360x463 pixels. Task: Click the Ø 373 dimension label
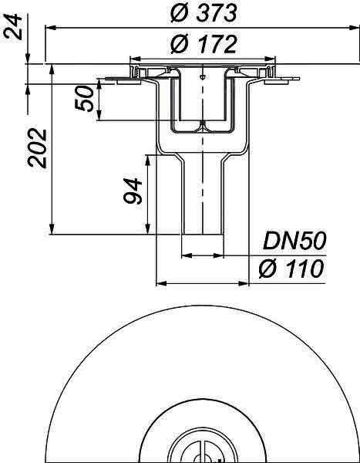click(204, 13)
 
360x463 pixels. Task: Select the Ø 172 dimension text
click(204, 45)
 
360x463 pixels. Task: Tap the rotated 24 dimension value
click(13, 27)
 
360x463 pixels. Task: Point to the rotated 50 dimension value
click(85, 99)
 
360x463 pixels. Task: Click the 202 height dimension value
click(38, 148)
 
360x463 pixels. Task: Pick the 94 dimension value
click(133, 191)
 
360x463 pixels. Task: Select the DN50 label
click(294, 241)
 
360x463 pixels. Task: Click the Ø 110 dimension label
click(291, 269)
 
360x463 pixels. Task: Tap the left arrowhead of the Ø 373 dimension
click(50, 28)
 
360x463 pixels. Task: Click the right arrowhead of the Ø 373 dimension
click(354, 28)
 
